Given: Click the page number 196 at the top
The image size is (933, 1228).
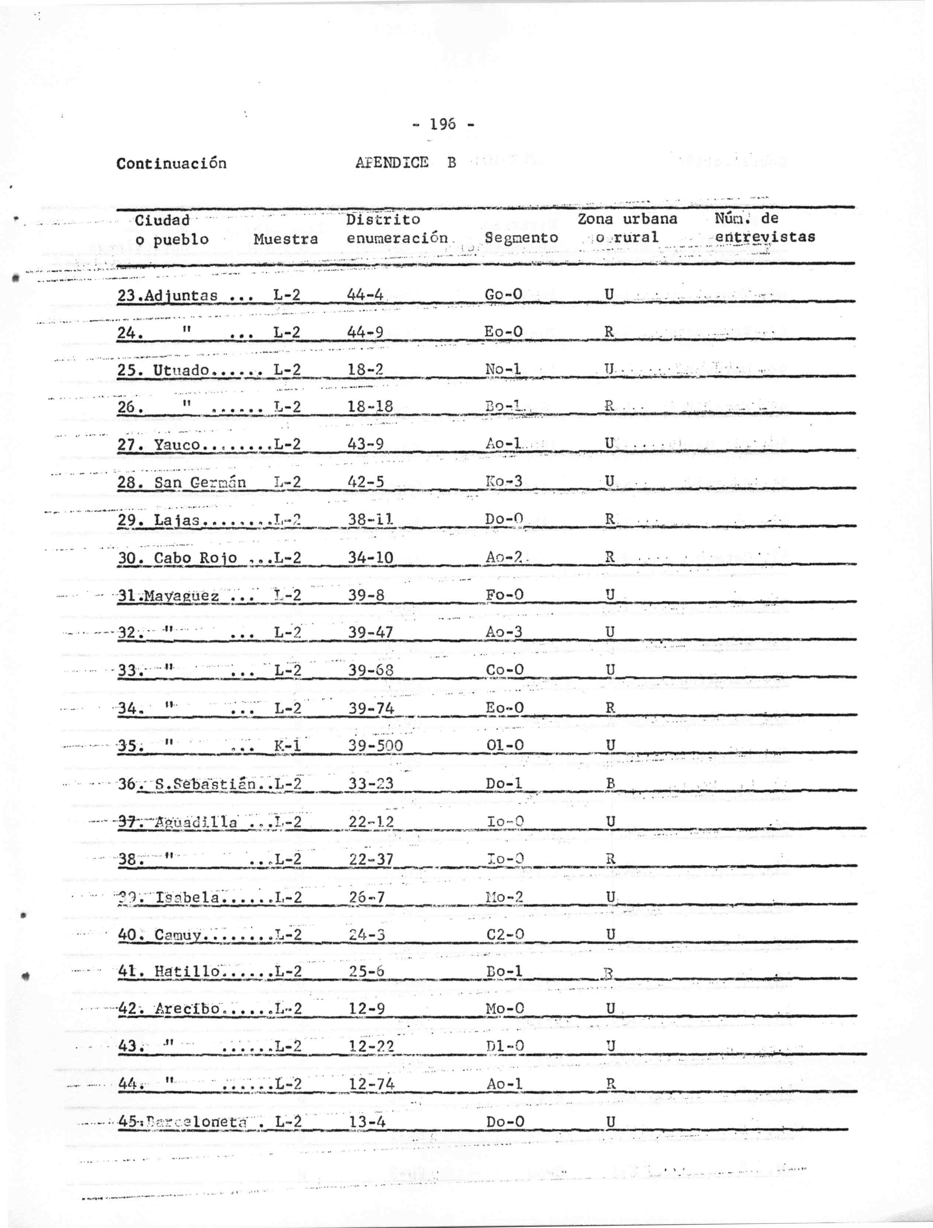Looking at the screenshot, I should pyautogui.click(x=443, y=124).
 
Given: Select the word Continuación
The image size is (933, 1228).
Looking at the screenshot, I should pyautogui.click(x=171, y=163).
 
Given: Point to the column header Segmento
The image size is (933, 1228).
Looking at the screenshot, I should pyautogui.click(x=521, y=238).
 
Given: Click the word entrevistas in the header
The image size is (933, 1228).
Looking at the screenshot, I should pyautogui.click(x=765, y=237).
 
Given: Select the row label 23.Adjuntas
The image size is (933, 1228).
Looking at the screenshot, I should pyautogui.click(x=168, y=295).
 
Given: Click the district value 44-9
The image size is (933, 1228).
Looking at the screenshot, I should pyautogui.click(x=365, y=332).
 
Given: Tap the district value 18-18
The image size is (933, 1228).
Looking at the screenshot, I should pyautogui.click(x=370, y=407).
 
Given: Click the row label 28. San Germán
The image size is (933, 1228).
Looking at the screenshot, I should pyautogui.click(x=181, y=482).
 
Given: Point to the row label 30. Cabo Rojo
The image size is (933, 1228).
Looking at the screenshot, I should pyautogui.click(x=178, y=558).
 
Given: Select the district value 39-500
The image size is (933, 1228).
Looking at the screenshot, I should pyautogui.click(x=375, y=746).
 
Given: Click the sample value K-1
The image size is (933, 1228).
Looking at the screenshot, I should pyautogui.click(x=288, y=746).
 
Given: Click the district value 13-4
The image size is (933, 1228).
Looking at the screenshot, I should pyautogui.click(x=367, y=1121).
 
